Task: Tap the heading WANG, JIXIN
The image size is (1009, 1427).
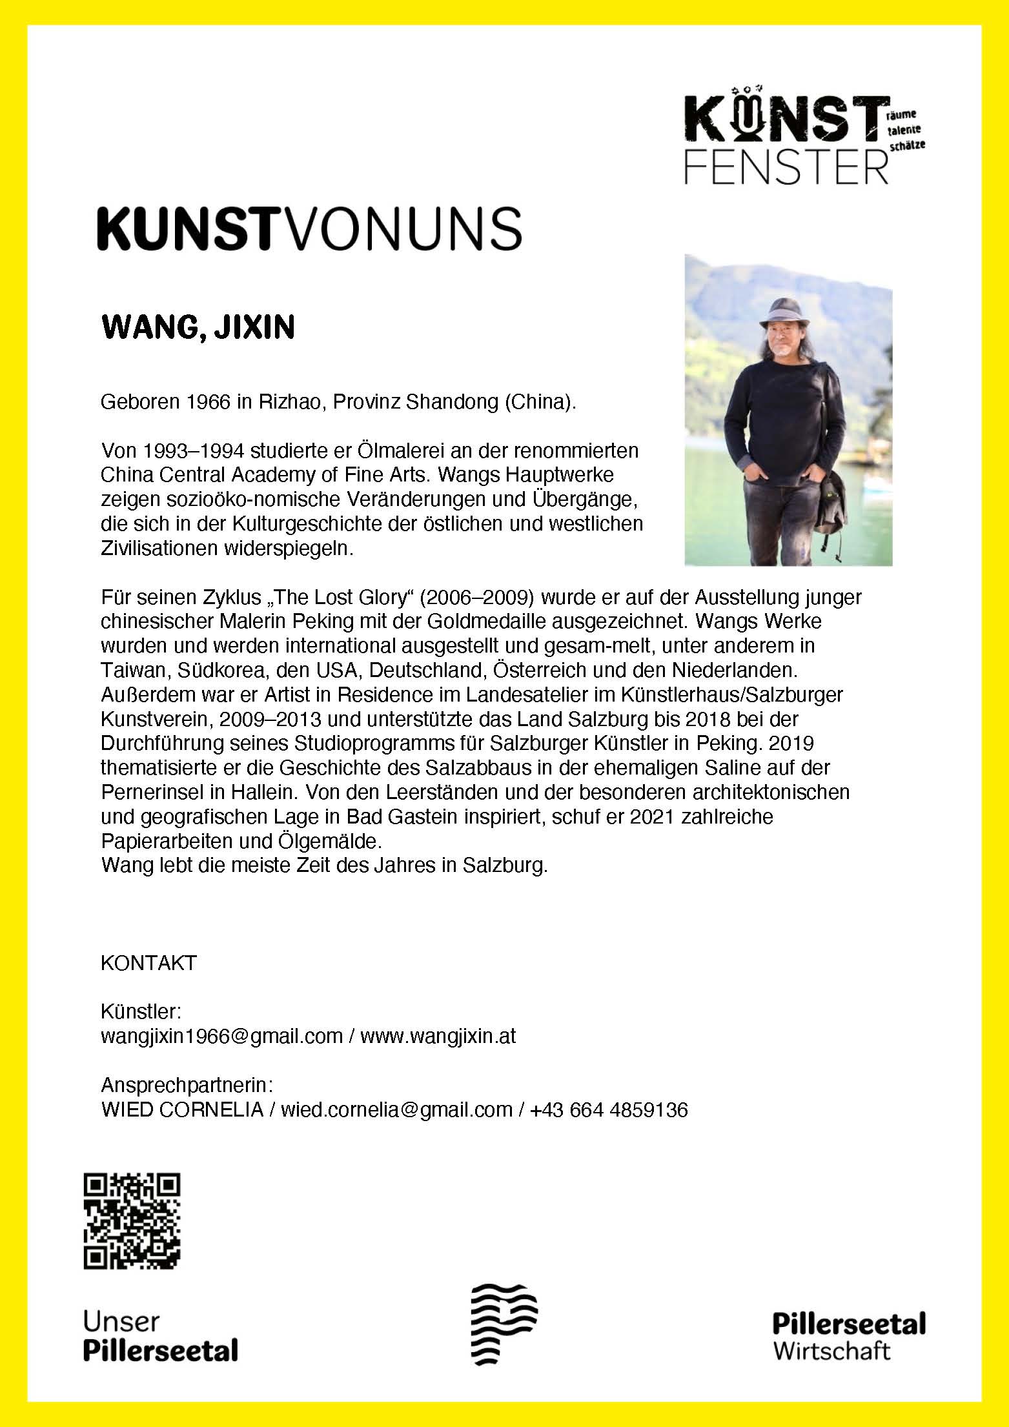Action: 198,327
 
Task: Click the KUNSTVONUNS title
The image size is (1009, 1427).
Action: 309,228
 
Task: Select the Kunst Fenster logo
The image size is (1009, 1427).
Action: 804,139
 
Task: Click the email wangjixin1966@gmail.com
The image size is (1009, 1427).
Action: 221,1036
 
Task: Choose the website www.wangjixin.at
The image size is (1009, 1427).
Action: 438,1036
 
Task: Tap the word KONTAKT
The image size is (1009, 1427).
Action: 148,963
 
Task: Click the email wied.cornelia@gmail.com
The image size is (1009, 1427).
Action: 396,1109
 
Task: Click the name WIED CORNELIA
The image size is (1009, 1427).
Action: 182,1109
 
